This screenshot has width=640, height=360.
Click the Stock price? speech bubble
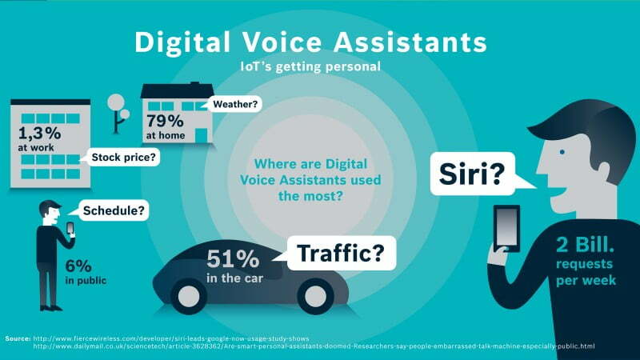[124, 158]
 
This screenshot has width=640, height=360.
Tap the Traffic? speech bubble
[346, 254]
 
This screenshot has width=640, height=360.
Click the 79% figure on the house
[166, 121]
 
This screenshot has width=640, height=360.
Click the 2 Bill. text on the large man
[588, 246]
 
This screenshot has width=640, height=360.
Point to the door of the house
[202, 133]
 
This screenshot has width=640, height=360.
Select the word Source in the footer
[18, 338]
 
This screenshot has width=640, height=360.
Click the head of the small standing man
[51, 210]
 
